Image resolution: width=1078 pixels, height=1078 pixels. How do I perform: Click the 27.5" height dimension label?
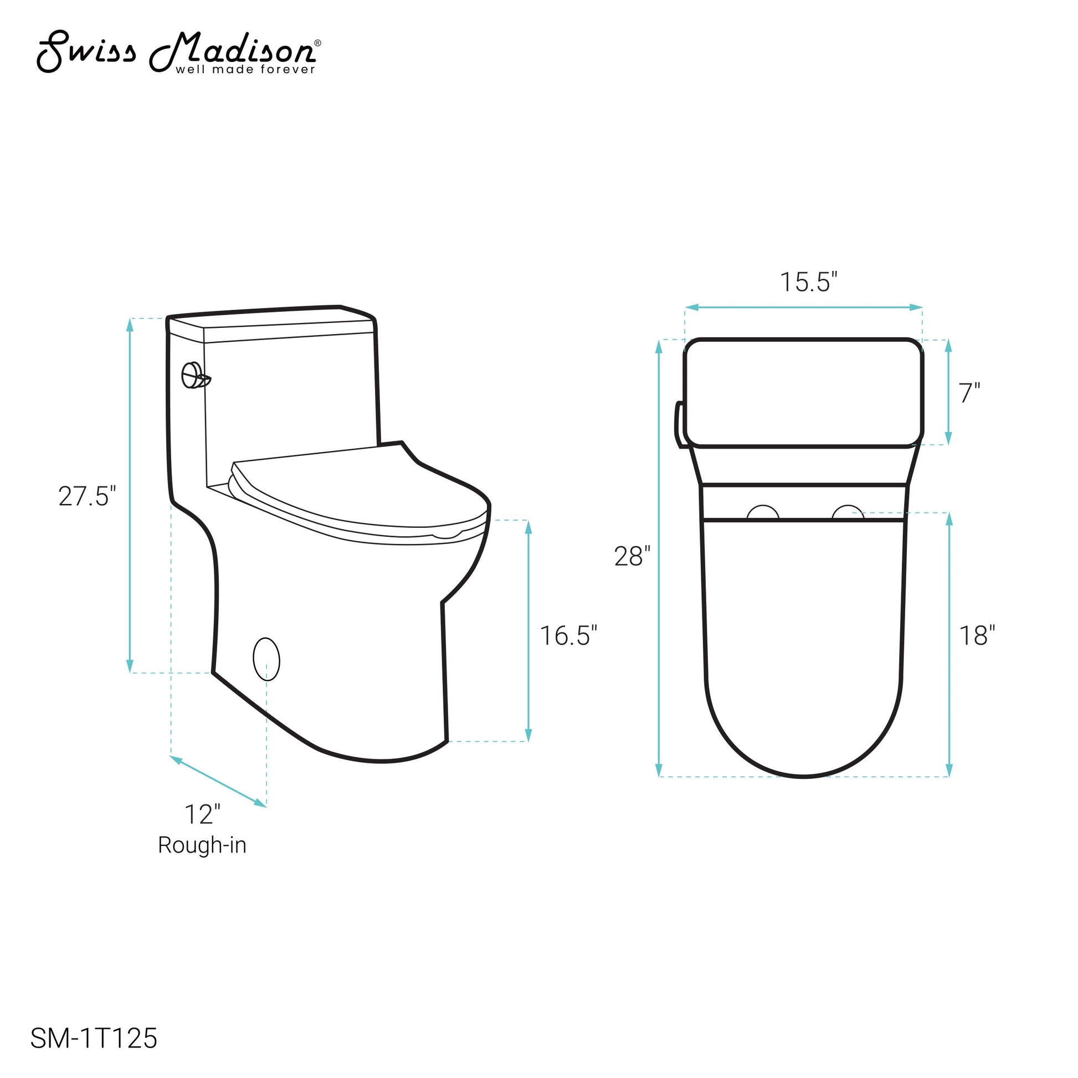pos(87,496)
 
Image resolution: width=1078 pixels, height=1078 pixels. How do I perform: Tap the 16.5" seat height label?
pos(568,635)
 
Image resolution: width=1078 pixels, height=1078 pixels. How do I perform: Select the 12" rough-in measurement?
pos(203,815)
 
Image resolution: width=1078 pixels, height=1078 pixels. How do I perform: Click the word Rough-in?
pos(202,845)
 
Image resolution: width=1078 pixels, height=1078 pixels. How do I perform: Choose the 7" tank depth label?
pos(970,393)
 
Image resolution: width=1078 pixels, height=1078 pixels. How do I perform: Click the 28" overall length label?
pos(632,556)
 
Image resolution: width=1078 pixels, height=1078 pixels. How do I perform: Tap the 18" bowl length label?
pos(977,635)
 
